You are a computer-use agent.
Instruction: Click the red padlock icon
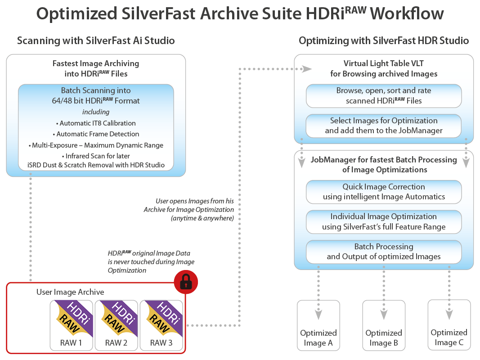tap(186, 282)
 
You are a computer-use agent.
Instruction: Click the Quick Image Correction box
tap(384, 192)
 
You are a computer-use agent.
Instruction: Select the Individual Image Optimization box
tap(384, 221)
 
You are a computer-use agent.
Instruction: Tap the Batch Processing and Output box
tap(384, 252)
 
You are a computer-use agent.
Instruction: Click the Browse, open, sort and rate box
tap(384, 95)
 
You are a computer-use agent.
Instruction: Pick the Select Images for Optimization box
tap(384, 126)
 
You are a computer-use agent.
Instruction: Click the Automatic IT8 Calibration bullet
tap(96, 123)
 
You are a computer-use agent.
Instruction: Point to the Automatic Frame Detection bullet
tap(96, 134)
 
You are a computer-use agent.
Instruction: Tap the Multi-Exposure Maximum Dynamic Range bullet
tap(96, 145)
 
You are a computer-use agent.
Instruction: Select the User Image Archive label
tap(70, 292)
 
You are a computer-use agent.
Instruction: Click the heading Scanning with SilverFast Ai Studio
tap(96, 41)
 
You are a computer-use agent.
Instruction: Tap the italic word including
tap(96, 112)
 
